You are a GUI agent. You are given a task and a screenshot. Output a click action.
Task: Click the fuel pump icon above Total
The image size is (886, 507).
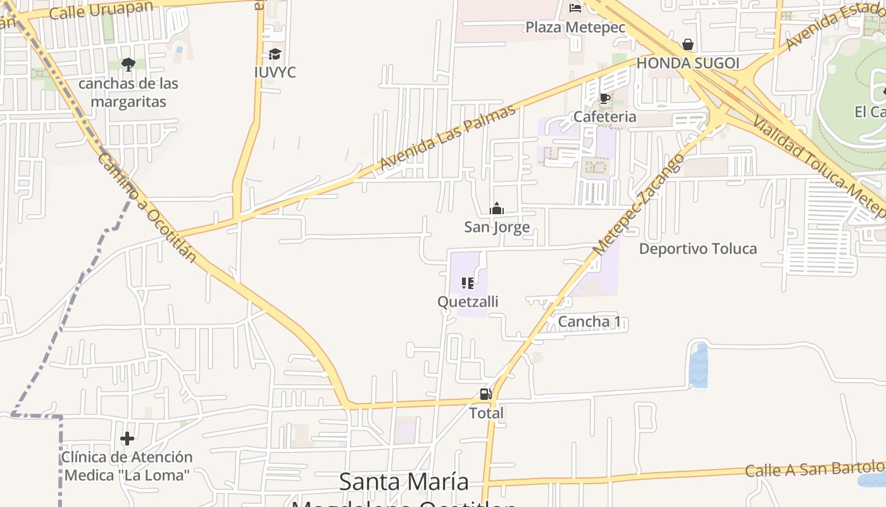pos(485,394)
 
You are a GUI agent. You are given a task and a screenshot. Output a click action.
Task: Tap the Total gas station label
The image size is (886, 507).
pos(486,413)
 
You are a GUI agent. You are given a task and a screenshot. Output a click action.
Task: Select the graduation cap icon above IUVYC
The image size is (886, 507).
pos(275,55)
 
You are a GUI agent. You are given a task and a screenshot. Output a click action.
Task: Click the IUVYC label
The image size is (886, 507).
pos(275,72)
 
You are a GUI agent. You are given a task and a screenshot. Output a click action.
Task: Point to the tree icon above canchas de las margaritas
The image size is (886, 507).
pos(128,64)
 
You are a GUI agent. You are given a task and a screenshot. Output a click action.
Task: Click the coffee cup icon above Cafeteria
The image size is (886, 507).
pos(604,98)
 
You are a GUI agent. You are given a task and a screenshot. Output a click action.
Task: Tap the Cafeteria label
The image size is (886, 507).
pos(604,117)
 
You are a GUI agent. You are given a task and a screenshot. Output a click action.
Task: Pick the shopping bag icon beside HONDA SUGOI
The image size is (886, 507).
pos(687,44)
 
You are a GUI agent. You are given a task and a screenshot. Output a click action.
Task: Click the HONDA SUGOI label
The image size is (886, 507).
pos(687,63)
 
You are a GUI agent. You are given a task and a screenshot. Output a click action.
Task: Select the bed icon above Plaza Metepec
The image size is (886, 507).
pos(575,8)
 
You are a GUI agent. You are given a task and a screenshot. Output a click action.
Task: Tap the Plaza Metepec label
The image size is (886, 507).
pos(575,27)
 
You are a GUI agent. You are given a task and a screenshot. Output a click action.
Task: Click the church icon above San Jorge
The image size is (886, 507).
pos(497,209)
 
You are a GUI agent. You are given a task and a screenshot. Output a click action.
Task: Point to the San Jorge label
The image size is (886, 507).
pos(497,227)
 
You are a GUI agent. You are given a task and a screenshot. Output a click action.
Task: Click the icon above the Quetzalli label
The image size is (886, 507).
pos(468,283)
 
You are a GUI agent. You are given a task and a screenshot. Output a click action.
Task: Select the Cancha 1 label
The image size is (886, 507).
pos(589,321)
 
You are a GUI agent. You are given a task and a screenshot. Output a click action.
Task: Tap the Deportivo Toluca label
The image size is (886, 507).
pos(697,248)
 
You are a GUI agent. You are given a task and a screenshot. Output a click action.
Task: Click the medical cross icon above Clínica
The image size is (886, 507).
pos(127,438)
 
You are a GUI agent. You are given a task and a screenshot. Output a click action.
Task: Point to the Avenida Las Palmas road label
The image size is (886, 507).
pos(447,138)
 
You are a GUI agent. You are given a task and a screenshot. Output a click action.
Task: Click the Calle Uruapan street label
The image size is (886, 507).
pos(101,10)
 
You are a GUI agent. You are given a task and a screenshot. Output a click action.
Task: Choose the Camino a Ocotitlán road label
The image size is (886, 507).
pos(146,208)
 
